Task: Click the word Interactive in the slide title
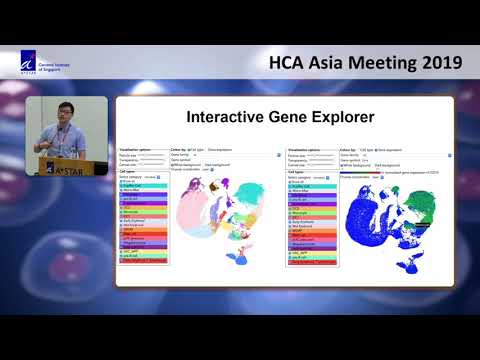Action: pos(227,115)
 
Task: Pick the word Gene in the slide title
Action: pos(296,115)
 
